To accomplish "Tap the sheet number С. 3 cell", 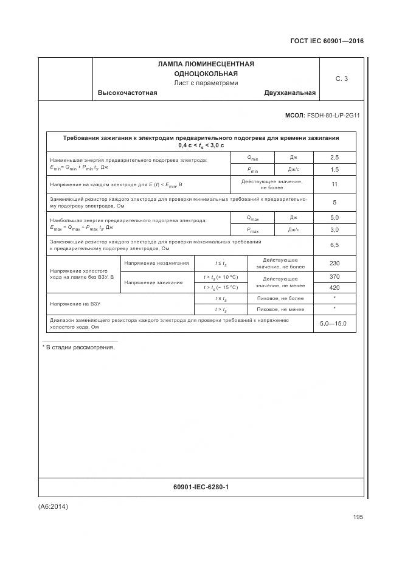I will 342,79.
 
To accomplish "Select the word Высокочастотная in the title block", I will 127,93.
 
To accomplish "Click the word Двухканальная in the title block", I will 289,93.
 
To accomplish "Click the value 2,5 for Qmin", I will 334,158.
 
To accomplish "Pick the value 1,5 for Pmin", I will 334,170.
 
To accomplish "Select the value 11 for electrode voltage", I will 334,184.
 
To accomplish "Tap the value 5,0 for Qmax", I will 334,217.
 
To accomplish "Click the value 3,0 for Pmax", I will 334,230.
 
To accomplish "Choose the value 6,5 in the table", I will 334,245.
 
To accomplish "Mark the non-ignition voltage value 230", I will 334,263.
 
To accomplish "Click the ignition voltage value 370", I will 334,276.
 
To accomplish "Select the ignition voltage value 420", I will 334,287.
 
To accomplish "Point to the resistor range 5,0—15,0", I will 333,324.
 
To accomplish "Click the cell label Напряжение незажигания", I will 156,264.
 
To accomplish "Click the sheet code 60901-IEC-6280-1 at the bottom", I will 201,487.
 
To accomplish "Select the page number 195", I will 358,517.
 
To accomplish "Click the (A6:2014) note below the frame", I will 53,506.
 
